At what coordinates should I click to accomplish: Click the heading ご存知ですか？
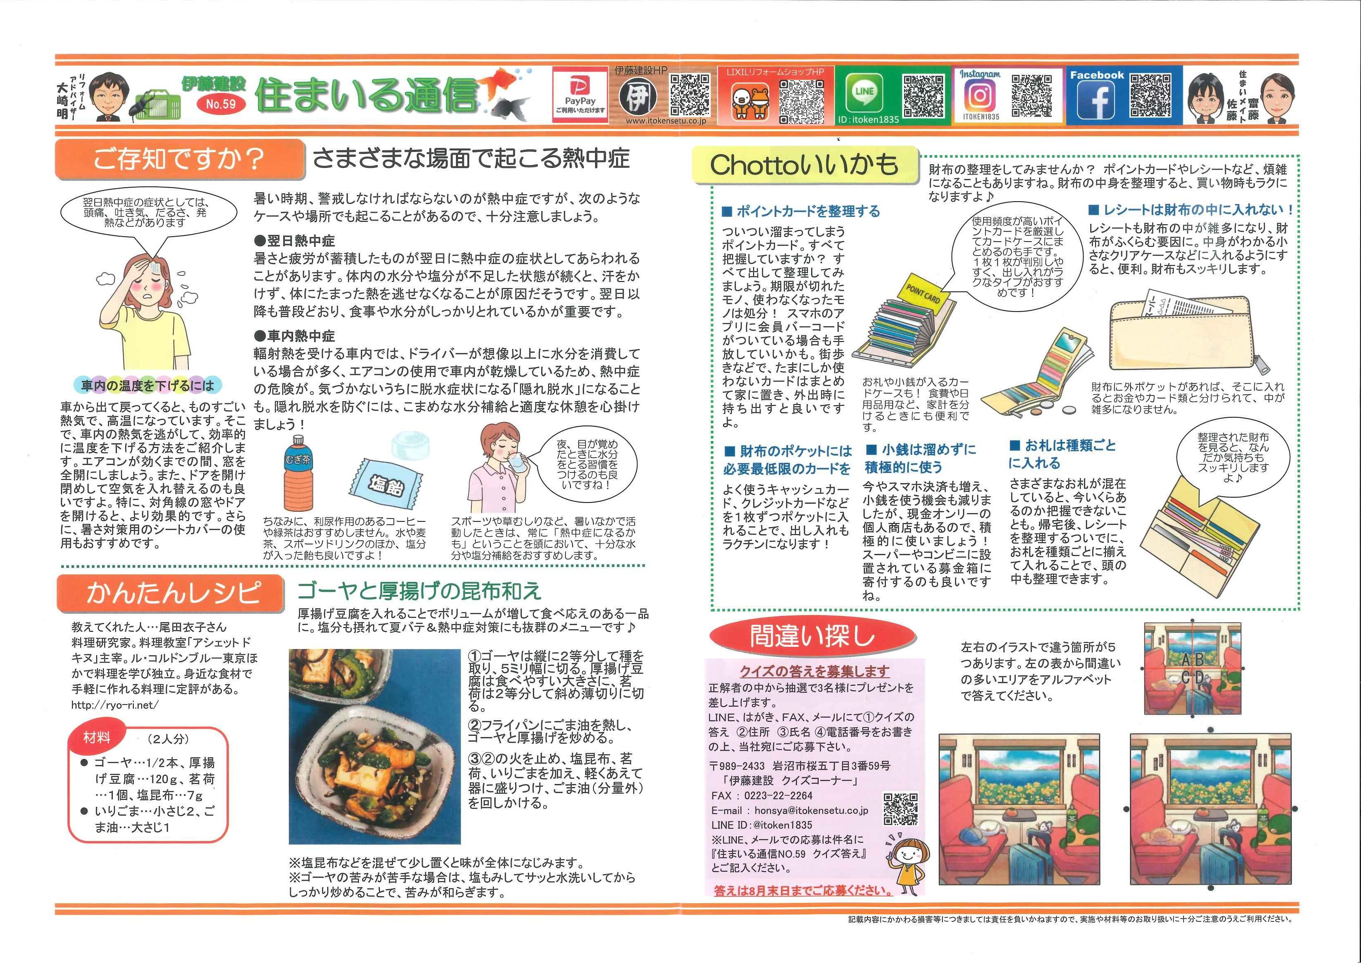pos(178,159)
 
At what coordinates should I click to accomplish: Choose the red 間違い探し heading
pos(812,636)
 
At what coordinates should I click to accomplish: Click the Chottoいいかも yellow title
pos(805,165)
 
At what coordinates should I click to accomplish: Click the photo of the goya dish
pos(375,747)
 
